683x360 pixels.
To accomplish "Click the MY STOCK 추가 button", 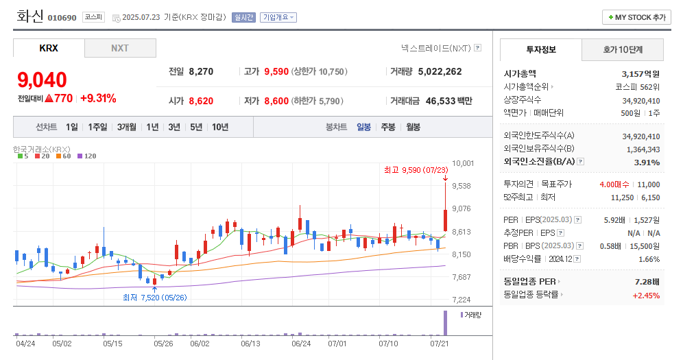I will (x=636, y=17).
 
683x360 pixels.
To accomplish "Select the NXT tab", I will (x=120, y=48).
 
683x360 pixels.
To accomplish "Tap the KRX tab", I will (x=49, y=48).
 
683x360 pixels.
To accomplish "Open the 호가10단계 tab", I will (x=623, y=49).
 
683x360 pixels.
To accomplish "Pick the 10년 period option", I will (x=220, y=127).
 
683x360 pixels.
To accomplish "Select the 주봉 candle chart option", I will (x=388, y=127).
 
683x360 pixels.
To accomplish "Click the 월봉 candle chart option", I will (x=413, y=127).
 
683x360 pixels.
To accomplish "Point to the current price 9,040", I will (x=42, y=80).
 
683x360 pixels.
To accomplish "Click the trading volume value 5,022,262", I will (x=440, y=71).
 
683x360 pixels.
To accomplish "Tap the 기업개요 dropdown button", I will (x=278, y=17).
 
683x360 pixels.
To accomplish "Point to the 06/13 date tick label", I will (x=252, y=343).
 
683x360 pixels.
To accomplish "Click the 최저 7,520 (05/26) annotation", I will (x=154, y=297).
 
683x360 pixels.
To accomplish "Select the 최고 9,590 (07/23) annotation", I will (x=416, y=169).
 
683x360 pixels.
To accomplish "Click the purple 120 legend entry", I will (x=86, y=156).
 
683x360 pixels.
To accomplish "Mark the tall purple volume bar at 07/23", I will (x=445, y=323).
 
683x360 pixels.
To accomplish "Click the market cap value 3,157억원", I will (x=640, y=74).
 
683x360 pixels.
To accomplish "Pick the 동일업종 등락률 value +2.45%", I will (x=646, y=295).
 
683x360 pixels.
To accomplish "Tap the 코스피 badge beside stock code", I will (x=93, y=17).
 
